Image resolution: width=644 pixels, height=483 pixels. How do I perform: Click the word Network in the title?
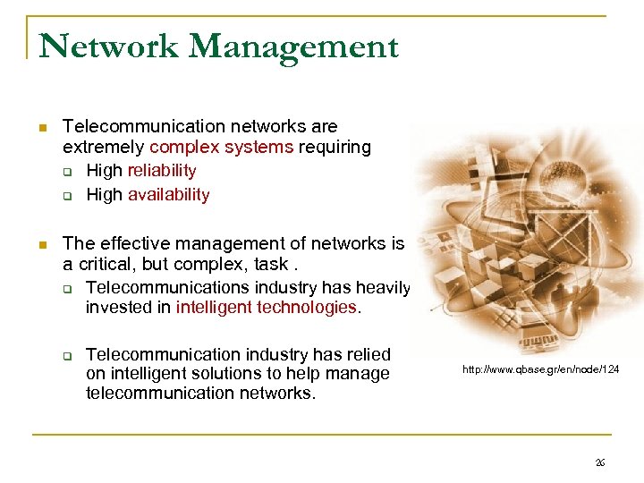coord(108,46)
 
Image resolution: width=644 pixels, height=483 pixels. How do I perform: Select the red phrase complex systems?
coord(221,147)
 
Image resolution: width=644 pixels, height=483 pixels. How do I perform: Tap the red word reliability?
coord(162,170)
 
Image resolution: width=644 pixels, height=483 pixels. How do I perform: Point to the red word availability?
coord(168,194)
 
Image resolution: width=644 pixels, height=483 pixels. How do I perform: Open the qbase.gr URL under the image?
coord(541,369)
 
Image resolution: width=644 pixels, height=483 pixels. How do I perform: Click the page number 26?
coord(600,462)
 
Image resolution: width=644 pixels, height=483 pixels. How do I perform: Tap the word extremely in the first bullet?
coord(104,147)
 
